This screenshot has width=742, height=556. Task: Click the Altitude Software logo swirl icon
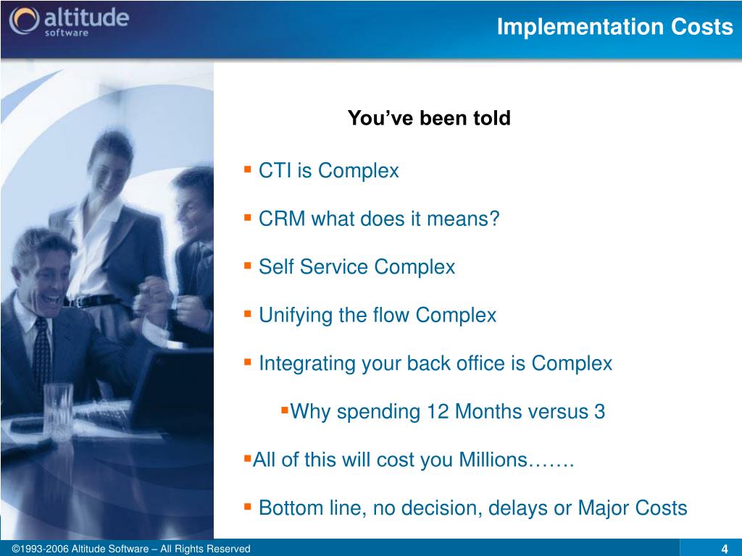[x=24, y=21]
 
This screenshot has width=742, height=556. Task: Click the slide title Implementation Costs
[x=614, y=27]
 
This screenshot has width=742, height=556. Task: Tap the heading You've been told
[x=429, y=118]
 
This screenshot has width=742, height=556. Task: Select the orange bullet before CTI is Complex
[x=248, y=168]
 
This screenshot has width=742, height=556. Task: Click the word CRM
[x=282, y=219]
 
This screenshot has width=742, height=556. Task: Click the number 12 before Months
[x=438, y=412]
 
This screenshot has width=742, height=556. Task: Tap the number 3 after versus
[x=599, y=412]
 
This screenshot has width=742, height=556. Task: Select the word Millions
[x=493, y=460]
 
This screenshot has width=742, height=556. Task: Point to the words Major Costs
[x=633, y=508]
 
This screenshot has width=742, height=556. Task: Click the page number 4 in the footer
[x=724, y=549]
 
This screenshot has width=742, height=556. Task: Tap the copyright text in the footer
[x=131, y=549]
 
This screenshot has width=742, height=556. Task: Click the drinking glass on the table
[x=58, y=412]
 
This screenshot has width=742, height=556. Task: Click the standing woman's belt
[x=92, y=300]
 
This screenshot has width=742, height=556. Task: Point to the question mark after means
[x=494, y=219]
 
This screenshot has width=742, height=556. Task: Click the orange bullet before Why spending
[x=284, y=409]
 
